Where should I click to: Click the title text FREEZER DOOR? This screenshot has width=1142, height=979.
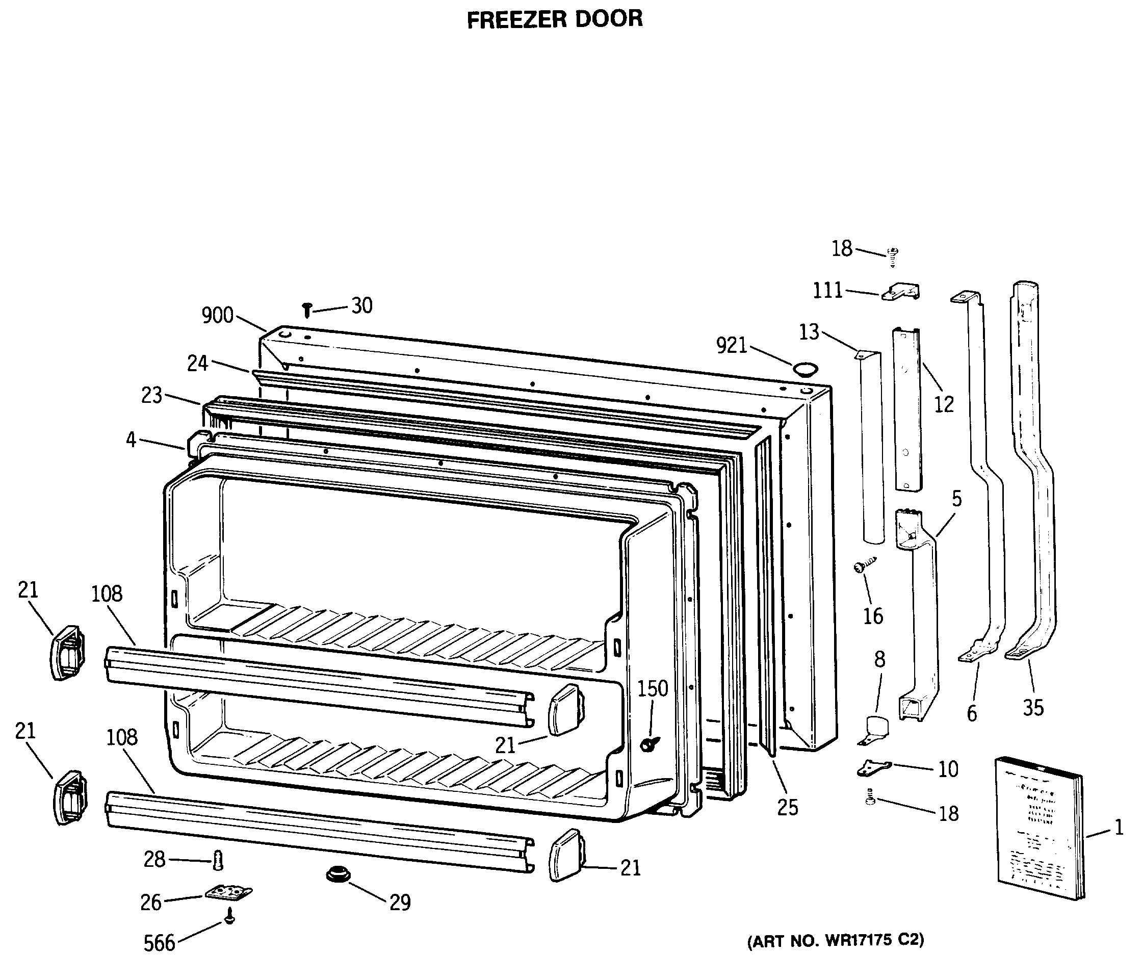555,19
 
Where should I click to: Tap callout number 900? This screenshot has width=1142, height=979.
217,315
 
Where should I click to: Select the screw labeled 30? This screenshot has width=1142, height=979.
307,311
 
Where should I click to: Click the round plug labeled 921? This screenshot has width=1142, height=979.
804,369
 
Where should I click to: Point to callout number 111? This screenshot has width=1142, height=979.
828,290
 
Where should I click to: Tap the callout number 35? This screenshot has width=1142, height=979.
1033,708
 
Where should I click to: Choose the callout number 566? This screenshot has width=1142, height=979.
159,943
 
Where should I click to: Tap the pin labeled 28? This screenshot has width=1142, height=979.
218,859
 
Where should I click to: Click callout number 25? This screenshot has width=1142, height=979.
788,808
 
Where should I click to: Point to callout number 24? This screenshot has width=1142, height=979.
197,363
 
